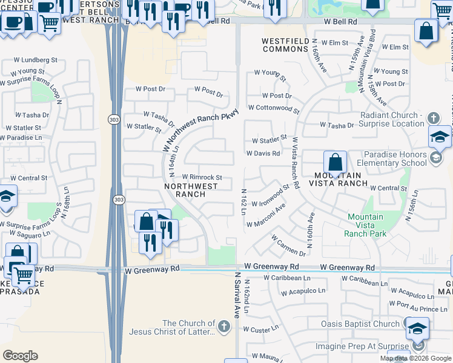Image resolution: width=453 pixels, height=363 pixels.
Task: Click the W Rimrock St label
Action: pos(202,177)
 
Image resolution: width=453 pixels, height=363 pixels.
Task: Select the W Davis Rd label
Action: pos(263,154)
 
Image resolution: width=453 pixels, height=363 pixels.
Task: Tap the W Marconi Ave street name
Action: pos(266,216)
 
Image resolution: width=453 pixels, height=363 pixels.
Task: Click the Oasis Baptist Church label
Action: pos(360,324)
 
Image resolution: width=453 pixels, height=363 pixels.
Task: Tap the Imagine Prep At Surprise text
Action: pos(362,347)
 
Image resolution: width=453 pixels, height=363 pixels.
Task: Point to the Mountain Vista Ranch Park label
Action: pos(365,225)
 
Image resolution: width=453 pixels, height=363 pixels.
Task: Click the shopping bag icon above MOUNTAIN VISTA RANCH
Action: pos(335,162)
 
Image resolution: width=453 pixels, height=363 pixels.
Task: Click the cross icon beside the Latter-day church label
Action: pos(224,328)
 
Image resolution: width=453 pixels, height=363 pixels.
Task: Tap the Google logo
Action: pos(21,356)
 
